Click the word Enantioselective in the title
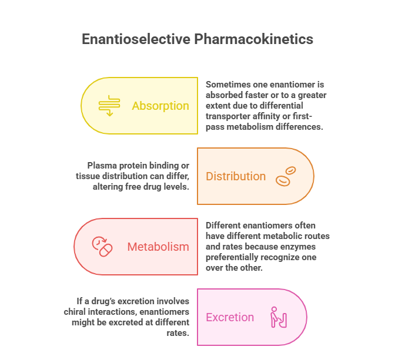[x=136, y=39]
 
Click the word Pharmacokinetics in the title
[x=254, y=39]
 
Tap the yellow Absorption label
[x=160, y=106]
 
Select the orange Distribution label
[x=236, y=176]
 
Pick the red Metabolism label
[x=158, y=247]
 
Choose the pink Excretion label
[x=230, y=317]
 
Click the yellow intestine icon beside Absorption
[x=109, y=106]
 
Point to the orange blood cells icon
[x=286, y=176]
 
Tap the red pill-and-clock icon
[x=102, y=247]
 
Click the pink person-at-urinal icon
[x=279, y=317]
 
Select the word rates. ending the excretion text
[x=178, y=333]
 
